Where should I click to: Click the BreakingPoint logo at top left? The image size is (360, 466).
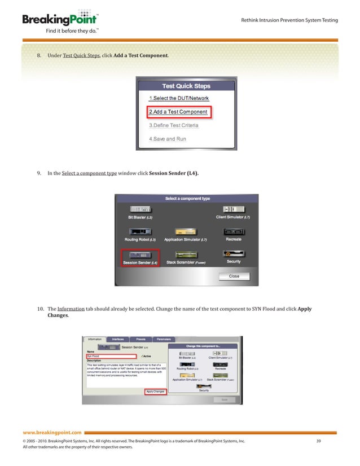pyautogui.click(x=54, y=20)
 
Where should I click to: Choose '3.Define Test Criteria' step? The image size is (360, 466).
pyautogui.click(x=173, y=125)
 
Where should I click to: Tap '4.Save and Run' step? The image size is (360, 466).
pyautogui.click(x=167, y=139)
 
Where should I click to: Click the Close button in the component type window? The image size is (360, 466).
pyautogui.click(x=234, y=276)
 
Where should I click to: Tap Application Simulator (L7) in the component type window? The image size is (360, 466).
pyautogui.click(x=185, y=234)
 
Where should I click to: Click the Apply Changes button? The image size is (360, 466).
pyautogui.click(x=155, y=391)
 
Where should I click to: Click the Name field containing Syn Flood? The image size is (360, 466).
pyautogui.click(x=111, y=357)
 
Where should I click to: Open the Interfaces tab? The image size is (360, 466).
pyautogui.click(x=118, y=339)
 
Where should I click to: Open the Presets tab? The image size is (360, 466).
pyautogui.click(x=141, y=339)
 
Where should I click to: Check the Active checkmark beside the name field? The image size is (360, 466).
pyautogui.click(x=145, y=357)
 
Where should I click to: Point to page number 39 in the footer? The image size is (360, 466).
pyautogui.click(x=318, y=440)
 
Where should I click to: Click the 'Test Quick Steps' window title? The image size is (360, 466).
pyautogui.click(x=186, y=86)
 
